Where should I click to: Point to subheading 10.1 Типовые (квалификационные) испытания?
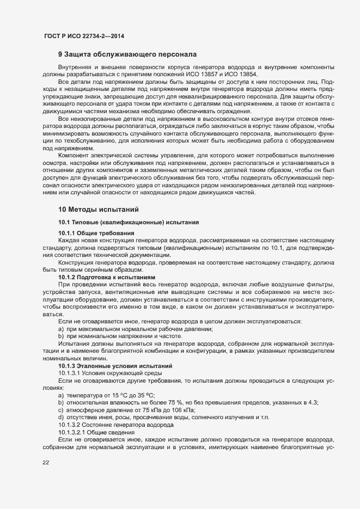(129, 222)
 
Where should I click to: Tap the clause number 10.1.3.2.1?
(72, 432)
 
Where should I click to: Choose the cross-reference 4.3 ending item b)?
(314, 402)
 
